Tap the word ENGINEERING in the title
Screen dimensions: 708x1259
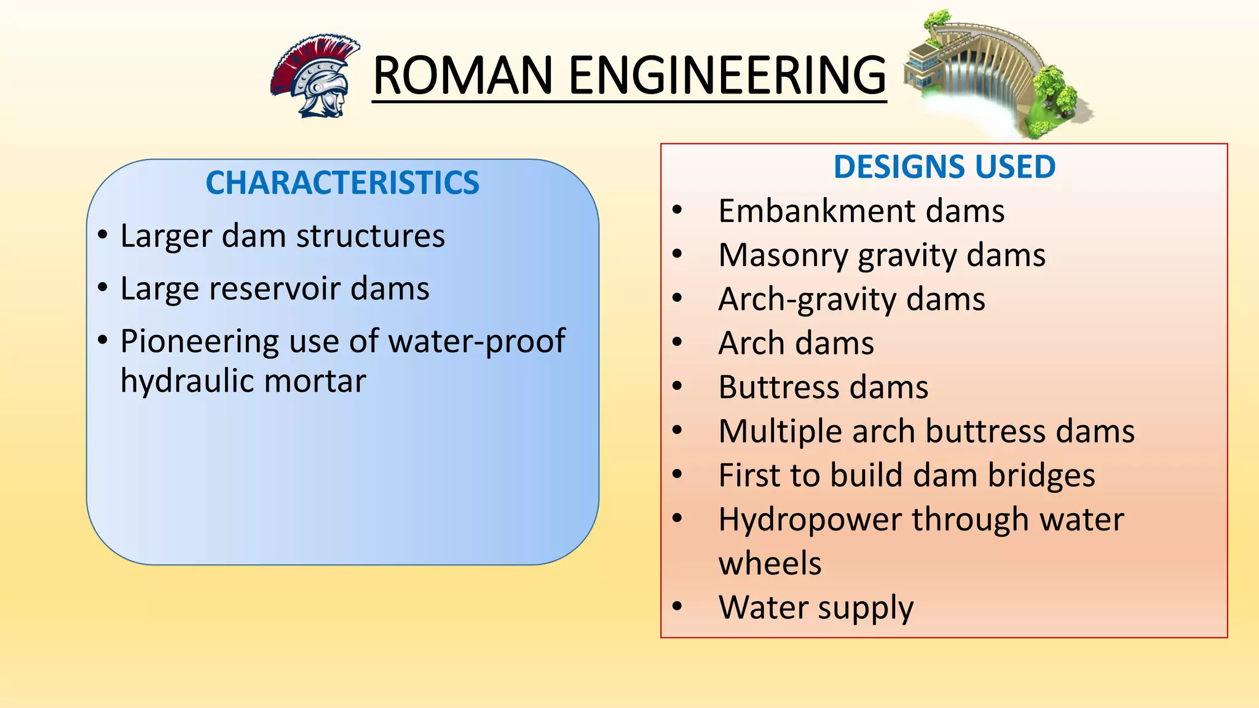[727, 76]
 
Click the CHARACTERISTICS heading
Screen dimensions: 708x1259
[342, 183]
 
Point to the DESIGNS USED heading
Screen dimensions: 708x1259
[944, 167]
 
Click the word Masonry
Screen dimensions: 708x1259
[783, 256]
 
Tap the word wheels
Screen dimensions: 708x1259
[770, 564]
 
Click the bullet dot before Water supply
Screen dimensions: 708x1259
[677, 607]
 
